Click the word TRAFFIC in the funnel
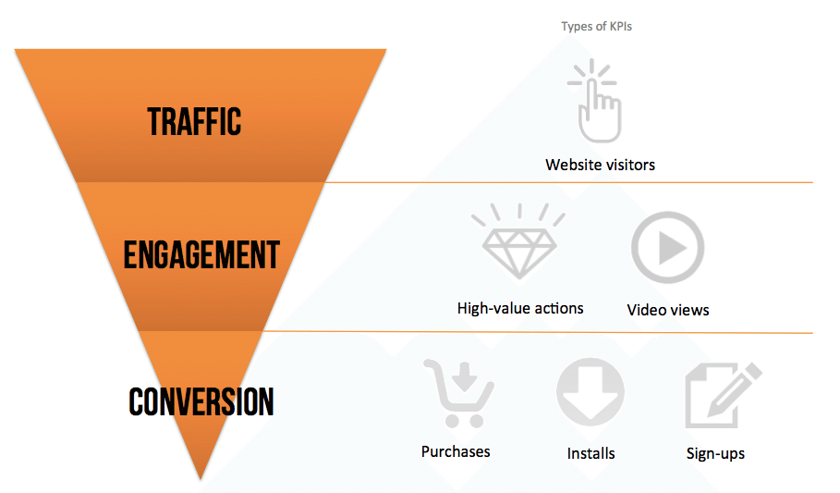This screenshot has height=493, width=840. pos(194,121)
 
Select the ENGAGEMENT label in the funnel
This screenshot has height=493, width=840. pos(201,255)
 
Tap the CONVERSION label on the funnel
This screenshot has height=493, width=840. pos(201,401)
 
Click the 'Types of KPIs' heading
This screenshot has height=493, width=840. pos(596,27)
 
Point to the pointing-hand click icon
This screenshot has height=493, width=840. pos(596,100)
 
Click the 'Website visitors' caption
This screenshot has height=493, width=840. pos(600,166)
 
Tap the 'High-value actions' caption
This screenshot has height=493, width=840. pos(520,308)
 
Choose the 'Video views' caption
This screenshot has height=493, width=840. pos(668,310)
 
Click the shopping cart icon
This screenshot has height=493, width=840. pos(457,392)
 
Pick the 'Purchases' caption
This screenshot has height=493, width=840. pos(456,451)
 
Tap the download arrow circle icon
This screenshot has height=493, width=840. pos(590,392)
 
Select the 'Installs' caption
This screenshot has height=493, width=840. pos(591,453)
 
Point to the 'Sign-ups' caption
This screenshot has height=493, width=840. pos(715,453)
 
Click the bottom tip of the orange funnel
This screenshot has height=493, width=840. pos(201,476)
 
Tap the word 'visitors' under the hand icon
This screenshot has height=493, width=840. pos(627,166)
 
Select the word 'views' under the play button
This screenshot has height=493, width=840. pos(688,310)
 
